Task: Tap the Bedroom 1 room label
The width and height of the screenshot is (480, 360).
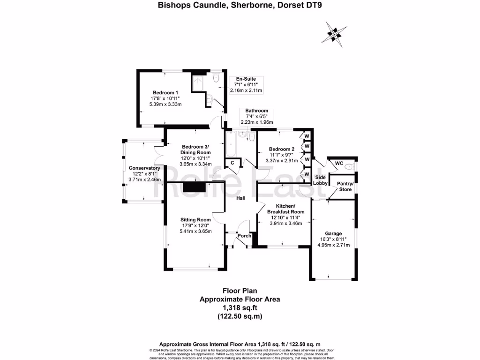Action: pos(165,92)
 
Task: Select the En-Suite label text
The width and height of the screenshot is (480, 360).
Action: pos(246,79)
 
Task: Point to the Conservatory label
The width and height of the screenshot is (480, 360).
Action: pos(144,168)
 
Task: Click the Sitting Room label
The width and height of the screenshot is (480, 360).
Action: pos(196,219)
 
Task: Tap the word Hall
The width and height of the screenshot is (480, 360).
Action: pos(240,198)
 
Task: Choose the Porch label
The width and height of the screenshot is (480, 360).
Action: pos(244,236)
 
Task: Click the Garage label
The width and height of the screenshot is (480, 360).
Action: pos(333,233)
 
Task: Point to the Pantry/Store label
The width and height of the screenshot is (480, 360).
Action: pos(342,186)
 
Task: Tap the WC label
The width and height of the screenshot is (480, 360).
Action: pos(339,164)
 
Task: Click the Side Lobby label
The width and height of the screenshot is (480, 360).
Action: pos(320,180)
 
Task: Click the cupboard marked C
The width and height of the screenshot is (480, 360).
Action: pos(232,163)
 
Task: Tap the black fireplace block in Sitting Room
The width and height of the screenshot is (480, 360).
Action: pos(194,187)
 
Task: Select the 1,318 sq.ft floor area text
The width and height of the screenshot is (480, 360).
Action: pos(240,307)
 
